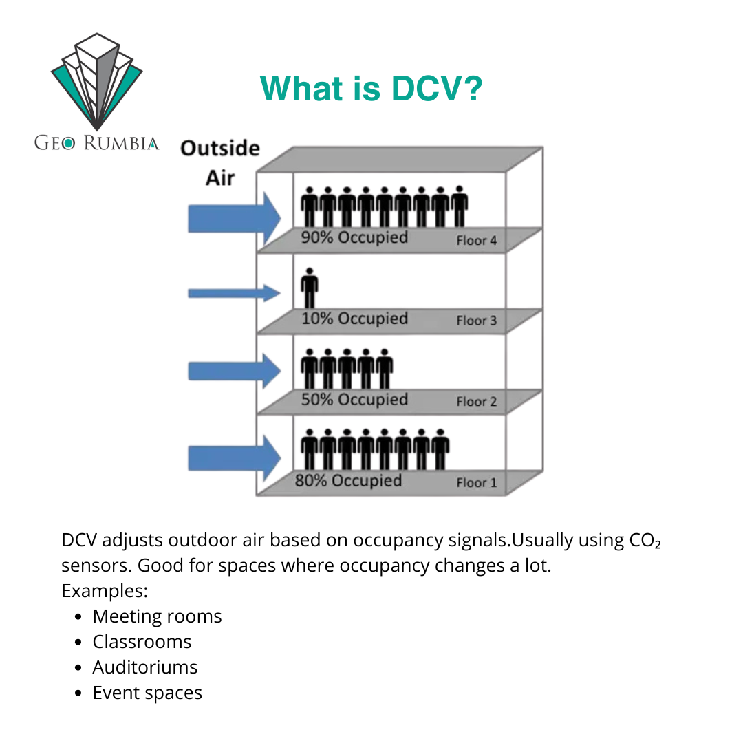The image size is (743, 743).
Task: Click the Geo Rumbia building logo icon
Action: (97, 81)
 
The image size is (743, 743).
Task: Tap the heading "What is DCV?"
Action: (371, 88)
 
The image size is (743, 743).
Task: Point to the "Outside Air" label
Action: (220, 163)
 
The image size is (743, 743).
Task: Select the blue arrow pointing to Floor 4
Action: (234, 219)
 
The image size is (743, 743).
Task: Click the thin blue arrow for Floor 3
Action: (234, 293)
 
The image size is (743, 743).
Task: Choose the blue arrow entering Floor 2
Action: (234, 371)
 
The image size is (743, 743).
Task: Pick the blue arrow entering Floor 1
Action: (234, 458)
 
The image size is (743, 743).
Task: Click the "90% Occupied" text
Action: (354, 237)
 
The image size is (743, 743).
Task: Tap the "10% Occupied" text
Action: (354, 319)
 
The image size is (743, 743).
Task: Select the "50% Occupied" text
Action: (354, 400)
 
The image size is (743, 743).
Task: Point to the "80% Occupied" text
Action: (348, 480)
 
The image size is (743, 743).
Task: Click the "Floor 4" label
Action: (477, 241)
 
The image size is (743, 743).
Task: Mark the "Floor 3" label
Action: (477, 321)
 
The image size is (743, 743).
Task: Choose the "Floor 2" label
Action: (477, 402)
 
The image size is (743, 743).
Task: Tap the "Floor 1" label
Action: (477, 483)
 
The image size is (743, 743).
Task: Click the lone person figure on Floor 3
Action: (310, 288)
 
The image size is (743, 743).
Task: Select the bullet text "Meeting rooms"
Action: (158, 616)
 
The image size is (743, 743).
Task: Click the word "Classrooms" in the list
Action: (142, 642)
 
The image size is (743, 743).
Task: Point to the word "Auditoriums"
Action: (145, 667)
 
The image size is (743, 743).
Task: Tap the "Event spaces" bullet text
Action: (147, 693)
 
